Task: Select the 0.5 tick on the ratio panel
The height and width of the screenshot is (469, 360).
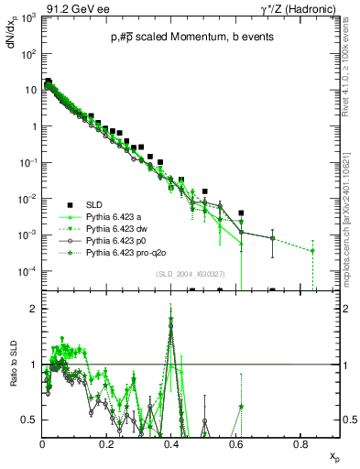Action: (x=29, y=420)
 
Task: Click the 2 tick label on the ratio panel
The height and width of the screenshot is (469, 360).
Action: (x=34, y=309)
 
